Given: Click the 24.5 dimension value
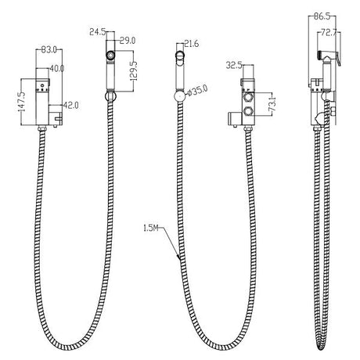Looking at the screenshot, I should [98, 33].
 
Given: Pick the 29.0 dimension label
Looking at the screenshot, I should [128, 40].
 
